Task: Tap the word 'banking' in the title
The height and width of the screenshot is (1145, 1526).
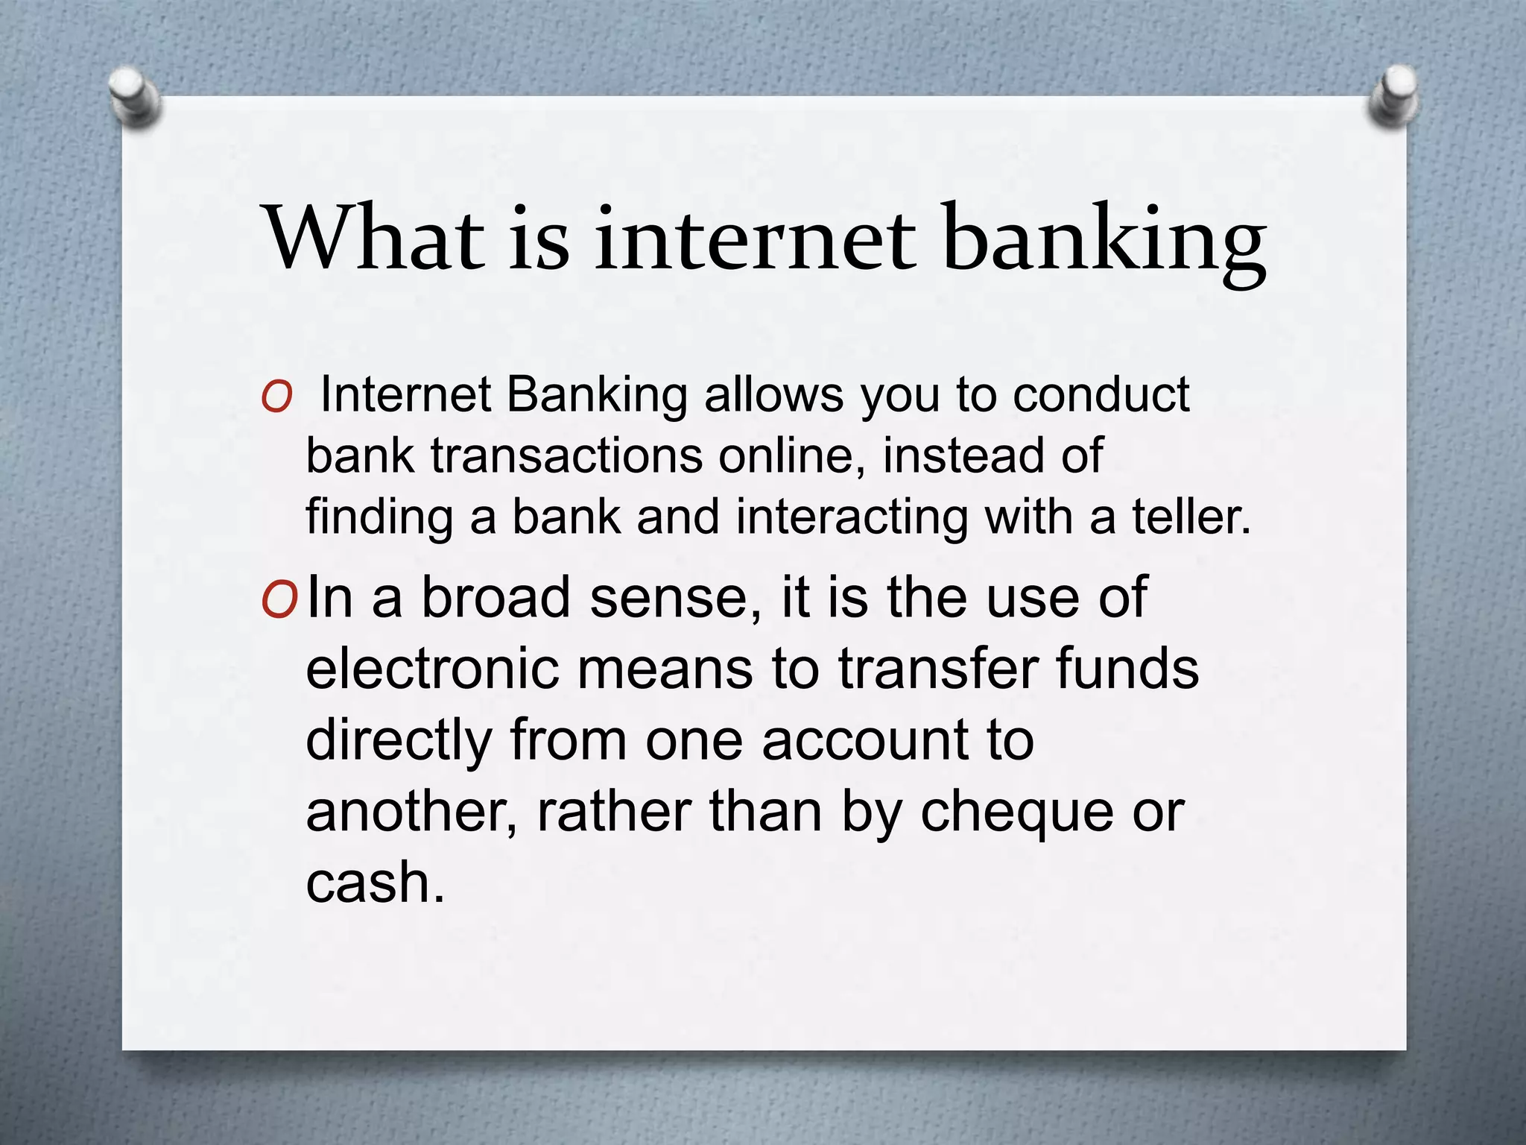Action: [1104, 242]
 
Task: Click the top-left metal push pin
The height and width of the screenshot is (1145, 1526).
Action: [134, 97]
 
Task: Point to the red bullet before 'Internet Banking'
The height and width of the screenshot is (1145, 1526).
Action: [276, 397]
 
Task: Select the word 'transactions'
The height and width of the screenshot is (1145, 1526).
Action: [566, 455]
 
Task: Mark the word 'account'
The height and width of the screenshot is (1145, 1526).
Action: [865, 740]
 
